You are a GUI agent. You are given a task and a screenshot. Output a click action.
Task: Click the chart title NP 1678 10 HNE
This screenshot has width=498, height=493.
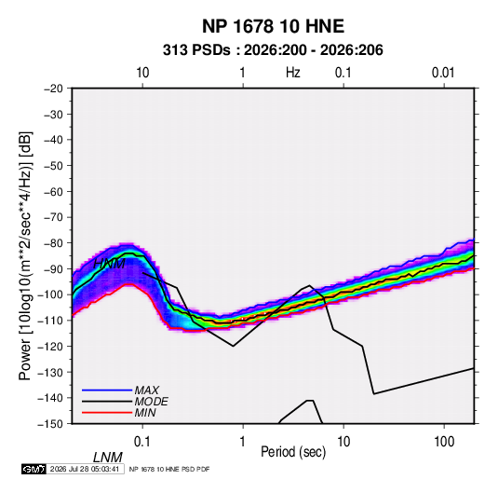tap(273, 26)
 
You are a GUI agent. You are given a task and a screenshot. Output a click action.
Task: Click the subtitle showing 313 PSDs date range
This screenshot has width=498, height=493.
tap(273, 50)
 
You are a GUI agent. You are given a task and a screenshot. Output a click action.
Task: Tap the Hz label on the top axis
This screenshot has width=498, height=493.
tap(293, 73)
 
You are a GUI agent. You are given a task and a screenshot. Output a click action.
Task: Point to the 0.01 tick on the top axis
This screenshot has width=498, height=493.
tap(443, 73)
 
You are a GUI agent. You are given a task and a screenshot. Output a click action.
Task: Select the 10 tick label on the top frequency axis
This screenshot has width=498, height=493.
tap(142, 73)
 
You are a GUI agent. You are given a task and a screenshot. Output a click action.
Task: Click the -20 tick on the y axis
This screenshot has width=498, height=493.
tap(53, 89)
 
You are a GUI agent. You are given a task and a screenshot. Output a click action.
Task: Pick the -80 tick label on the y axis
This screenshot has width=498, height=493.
tap(53, 243)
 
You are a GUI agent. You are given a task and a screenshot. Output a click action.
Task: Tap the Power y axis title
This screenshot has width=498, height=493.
tap(25, 255)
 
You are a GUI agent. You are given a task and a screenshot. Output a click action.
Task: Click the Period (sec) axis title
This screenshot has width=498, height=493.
tap(293, 452)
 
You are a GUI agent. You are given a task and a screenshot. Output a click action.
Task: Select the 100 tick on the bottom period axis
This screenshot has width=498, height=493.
tap(444, 442)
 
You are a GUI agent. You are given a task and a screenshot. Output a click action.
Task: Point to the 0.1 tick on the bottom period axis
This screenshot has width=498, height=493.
tap(141, 442)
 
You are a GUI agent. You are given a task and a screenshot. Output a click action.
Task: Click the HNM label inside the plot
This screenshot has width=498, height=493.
tap(109, 264)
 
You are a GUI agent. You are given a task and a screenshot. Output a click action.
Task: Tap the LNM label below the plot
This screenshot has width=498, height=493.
tap(108, 458)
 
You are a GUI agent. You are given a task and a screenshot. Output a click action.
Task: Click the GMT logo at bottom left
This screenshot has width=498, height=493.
tap(34, 469)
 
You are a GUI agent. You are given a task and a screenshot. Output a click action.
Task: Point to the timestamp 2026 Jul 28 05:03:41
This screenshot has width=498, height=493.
tap(85, 469)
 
